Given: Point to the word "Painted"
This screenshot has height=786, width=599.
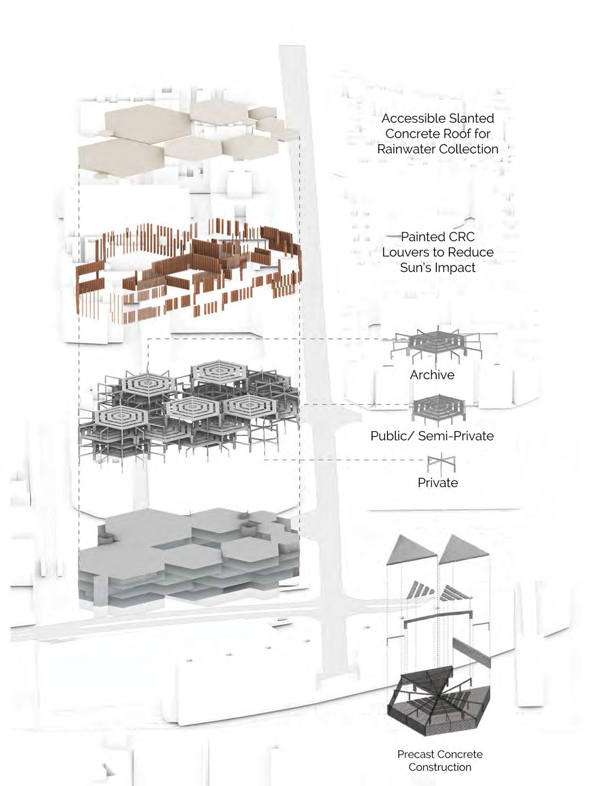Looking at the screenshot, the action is click(x=421, y=237).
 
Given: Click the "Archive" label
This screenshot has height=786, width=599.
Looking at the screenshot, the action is click(x=432, y=375).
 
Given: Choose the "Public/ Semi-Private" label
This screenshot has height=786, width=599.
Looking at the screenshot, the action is click(x=432, y=436).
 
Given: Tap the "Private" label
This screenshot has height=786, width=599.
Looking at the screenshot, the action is click(x=437, y=482).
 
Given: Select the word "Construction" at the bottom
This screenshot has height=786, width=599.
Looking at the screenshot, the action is click(x=440, y=767).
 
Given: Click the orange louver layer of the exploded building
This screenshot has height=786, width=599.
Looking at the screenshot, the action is click(x=187, y=272).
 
